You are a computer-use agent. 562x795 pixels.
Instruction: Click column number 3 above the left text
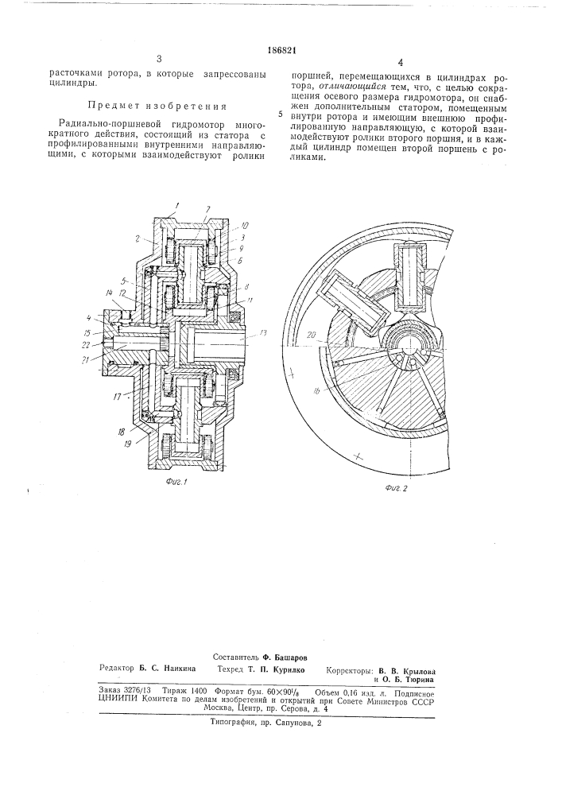pyautogui.click(x=159, y=59)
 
